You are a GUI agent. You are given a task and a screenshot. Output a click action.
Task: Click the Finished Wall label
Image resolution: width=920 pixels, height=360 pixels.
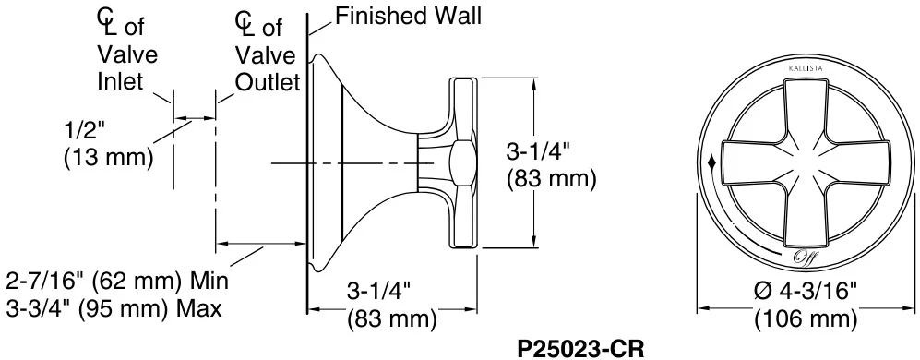tap(409, 16)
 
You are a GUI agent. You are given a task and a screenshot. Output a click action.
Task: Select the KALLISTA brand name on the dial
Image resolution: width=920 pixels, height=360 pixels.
tap(805, 69)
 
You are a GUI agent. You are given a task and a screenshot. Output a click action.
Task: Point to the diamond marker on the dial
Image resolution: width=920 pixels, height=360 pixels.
tap(712, 161)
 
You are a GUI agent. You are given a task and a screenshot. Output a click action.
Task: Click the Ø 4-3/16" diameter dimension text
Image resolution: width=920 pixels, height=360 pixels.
tap(806, 292)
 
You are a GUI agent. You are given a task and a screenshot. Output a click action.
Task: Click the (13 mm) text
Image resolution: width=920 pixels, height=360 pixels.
tap(107, 157)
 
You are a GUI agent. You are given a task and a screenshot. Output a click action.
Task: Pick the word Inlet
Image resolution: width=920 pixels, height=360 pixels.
tap(120, 81)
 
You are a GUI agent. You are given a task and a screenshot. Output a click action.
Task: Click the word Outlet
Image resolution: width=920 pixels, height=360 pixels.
tap(268, 82)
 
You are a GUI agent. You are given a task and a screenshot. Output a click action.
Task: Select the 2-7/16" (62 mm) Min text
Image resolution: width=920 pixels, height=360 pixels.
tap(116, 282)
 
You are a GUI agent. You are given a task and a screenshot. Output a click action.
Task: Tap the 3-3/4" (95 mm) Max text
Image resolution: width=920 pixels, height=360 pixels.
tap(114, 307)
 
